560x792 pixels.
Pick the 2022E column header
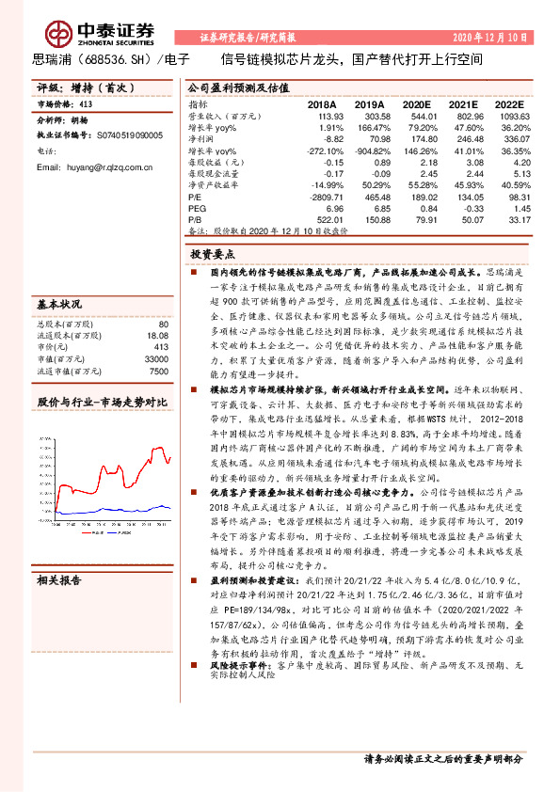click(x=508, y=105)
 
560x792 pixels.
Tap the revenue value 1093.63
click(x=509, y=117)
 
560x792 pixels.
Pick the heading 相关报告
click(x=59, y=580)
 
